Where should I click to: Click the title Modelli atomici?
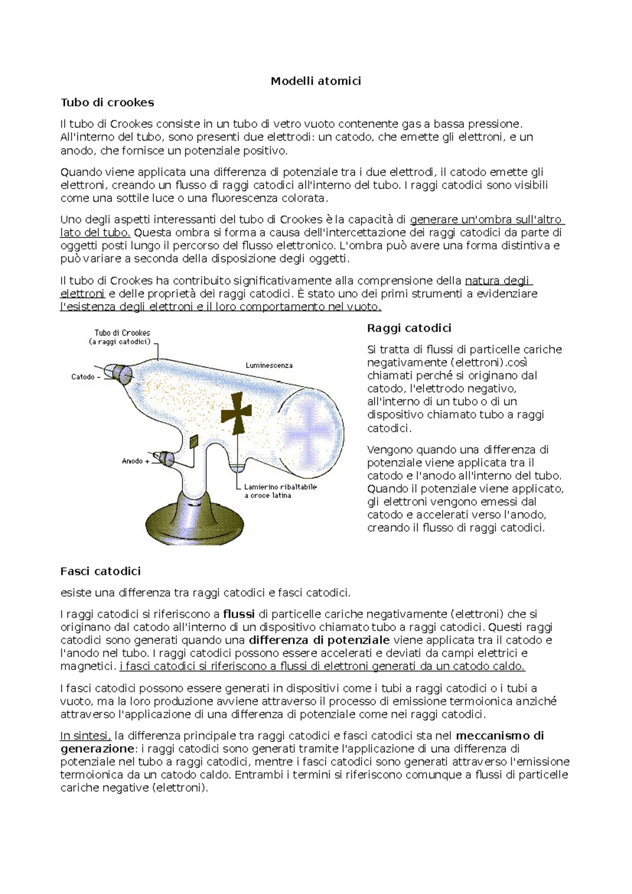point(315,81)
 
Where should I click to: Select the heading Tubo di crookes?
point(107,102)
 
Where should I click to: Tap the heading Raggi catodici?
point(409,328)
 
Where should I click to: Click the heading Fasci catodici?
point(100,571)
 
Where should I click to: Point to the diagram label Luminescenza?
point(269,365)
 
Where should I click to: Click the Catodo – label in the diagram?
point(85,377)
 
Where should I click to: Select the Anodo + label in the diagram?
point(135,461)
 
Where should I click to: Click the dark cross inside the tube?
point(235,413)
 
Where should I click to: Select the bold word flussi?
point(239,614)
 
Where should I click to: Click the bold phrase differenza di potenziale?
point(319,640)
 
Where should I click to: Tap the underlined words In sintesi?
point(85,736)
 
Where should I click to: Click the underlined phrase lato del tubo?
point(95,233)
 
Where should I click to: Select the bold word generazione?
point(97,749)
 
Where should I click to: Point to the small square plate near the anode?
point(193,441)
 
